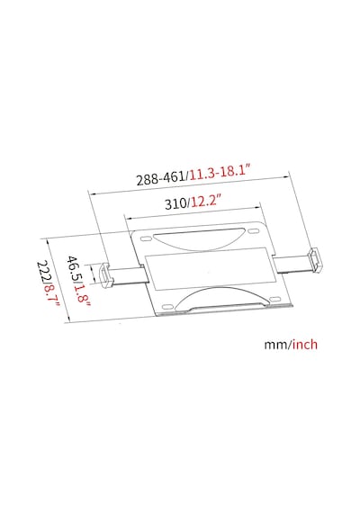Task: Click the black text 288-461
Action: coord(161,178)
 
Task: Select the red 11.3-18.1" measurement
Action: coord(220,173)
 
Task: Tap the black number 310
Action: coord(175,204)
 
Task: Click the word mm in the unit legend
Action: coord(276,345)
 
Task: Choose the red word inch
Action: coord(305,344)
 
